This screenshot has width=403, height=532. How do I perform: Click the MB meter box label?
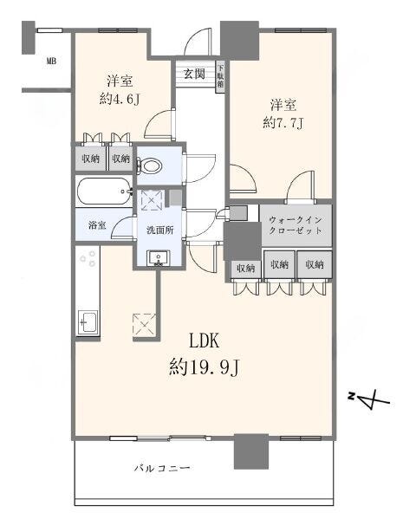[x=51, y=62]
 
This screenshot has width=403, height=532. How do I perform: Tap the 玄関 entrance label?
[x=194, y=74]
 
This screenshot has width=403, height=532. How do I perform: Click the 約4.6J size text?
[x=120, y=99]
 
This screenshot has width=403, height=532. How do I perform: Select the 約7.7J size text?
[x=283, y=122]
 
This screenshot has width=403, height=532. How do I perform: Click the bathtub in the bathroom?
[x=104, y=191]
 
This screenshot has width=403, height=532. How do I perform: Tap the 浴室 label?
[x=97, y=224]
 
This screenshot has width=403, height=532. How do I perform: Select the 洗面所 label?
[x=160, y=230]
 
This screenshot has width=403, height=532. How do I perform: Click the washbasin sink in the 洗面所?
[x=159, y=258]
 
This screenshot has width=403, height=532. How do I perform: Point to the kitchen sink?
[x=88, y=322]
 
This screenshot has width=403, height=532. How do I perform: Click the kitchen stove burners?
[x=88, y=258]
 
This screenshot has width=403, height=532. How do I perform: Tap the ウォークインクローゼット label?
[x=296, y=225]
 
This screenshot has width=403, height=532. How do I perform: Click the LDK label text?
[x=204, y=341]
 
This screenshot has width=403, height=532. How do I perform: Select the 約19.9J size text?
[x=205, y=367]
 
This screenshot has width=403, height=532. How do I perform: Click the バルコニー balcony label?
[x=161, y=469]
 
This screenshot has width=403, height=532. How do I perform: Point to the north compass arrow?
[x=369, y=399]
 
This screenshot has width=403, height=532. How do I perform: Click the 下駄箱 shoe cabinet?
[x=220, y=76]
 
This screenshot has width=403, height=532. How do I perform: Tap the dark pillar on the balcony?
[x=251, y=451]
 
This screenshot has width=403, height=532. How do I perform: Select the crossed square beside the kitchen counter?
[x=144, y=325]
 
